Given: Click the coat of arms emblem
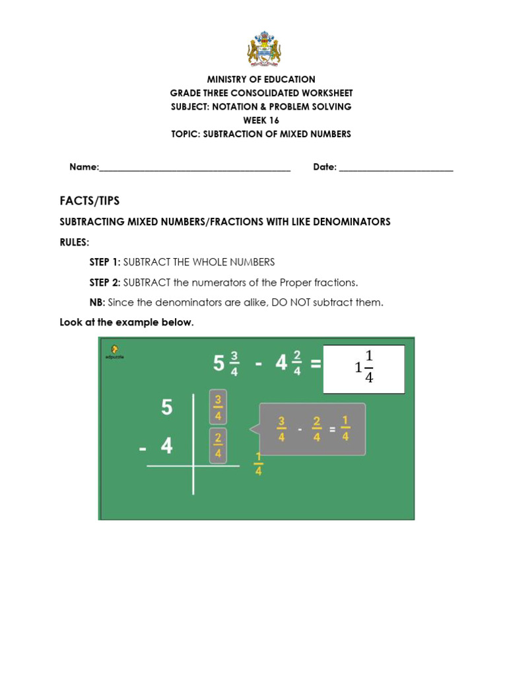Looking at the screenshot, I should pyautogui.click(x=263, y=50).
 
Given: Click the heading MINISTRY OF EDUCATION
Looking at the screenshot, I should pyautogui.click(x=261, y=79).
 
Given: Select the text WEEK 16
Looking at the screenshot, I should pyautogui.click(x=261, y=120).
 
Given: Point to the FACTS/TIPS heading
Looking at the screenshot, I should pyautogui.click(x=90, y=201).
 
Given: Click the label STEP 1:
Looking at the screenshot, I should pyautogui.click(x=105, y=262).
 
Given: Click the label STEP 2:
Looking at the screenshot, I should pyautogui.click(x=105, y=283).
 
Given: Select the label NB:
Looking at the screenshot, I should pyautogui.click(x=97, y=303).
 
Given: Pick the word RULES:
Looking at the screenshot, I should pyautogui.click(x=74, y=242).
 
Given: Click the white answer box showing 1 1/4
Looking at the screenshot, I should pyautogui.click(x=364, y=369).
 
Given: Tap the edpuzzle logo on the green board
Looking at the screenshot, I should pyautogui.click(x=115, y=351).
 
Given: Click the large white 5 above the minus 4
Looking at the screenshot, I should pyautogui.click(x=166, y=408).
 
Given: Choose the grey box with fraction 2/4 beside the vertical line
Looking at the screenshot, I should pyautogui.click(x=218, y=446).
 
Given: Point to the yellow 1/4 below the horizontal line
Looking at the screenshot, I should pyautogui.click(x=258, y=464).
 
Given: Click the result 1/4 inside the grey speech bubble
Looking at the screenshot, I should pyautogui.click(x=345, y=429).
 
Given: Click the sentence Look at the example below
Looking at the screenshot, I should pyautogui.click(x=127, y=323).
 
